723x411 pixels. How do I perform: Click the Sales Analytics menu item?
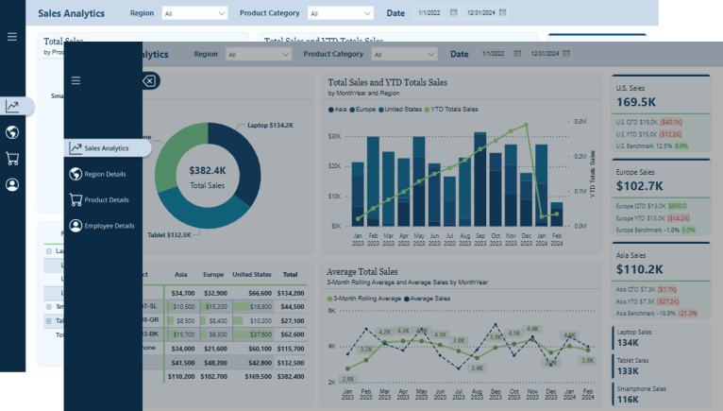pyautogui.click(x=106, y=148)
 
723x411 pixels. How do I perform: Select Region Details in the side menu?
pyautogui.click(x=104, y=174)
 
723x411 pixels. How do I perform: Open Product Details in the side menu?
pyautogui.click(x=106, y=200)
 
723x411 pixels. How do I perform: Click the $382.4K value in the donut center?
pyautogui.click(x=207, y=171)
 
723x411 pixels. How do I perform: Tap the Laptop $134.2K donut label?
pyautogui.click(x=270, y=125)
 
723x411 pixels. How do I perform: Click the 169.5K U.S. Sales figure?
pyautogui.click(x=636, y=102)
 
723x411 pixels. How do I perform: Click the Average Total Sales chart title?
pyautogui.click(x=362, y=272)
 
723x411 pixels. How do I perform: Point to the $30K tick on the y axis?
pyautogui.click(x=334, y=136)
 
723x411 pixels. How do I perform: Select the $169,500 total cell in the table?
pyautogui.click(x=254, y=376)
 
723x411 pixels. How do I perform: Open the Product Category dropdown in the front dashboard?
pyautogui.click(x=386, y=55)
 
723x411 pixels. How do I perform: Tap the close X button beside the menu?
pyautogui.click(x=149, y=81)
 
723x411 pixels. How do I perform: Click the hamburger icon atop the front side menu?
pyautogui.click(x=76, y=80)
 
